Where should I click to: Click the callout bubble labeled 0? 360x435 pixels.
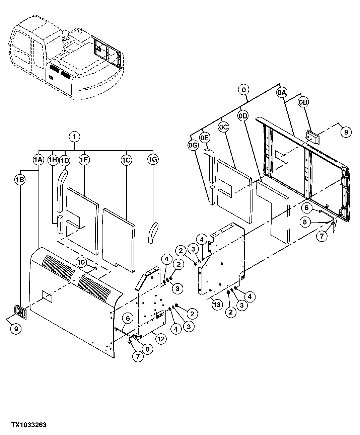(244, 90)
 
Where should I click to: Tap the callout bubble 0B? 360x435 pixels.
(303, 102)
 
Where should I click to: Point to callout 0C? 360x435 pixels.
(223, 127)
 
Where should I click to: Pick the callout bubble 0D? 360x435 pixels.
(243, 116)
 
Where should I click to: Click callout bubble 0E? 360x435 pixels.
(205, 137)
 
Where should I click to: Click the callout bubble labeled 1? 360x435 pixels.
(74, 137)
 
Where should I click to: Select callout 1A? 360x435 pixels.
(39, 160)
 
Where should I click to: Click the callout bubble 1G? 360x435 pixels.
(152, 160)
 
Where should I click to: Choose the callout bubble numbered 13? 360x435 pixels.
(217, 304)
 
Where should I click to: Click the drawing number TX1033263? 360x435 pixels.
(28, 425)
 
